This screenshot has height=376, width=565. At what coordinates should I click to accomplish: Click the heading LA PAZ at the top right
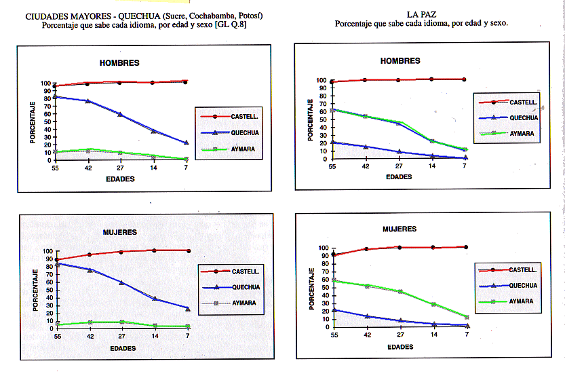(421, 14)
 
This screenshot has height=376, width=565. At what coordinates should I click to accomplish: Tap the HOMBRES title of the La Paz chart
(400, 61)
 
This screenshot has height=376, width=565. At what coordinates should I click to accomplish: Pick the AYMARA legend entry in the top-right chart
(522, 134)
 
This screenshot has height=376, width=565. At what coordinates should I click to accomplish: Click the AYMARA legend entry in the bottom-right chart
(522, 301)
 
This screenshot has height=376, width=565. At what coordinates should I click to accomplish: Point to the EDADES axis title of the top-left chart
(120, 180)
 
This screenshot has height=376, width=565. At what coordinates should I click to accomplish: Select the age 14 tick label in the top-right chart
(432, 166)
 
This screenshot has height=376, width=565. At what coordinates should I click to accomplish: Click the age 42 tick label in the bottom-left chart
(89, 336)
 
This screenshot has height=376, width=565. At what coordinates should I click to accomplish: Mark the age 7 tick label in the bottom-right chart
(467, 335)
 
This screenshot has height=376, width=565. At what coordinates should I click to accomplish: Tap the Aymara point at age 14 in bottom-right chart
(433, 304)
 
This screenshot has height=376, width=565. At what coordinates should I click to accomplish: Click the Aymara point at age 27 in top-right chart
(400, 123)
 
